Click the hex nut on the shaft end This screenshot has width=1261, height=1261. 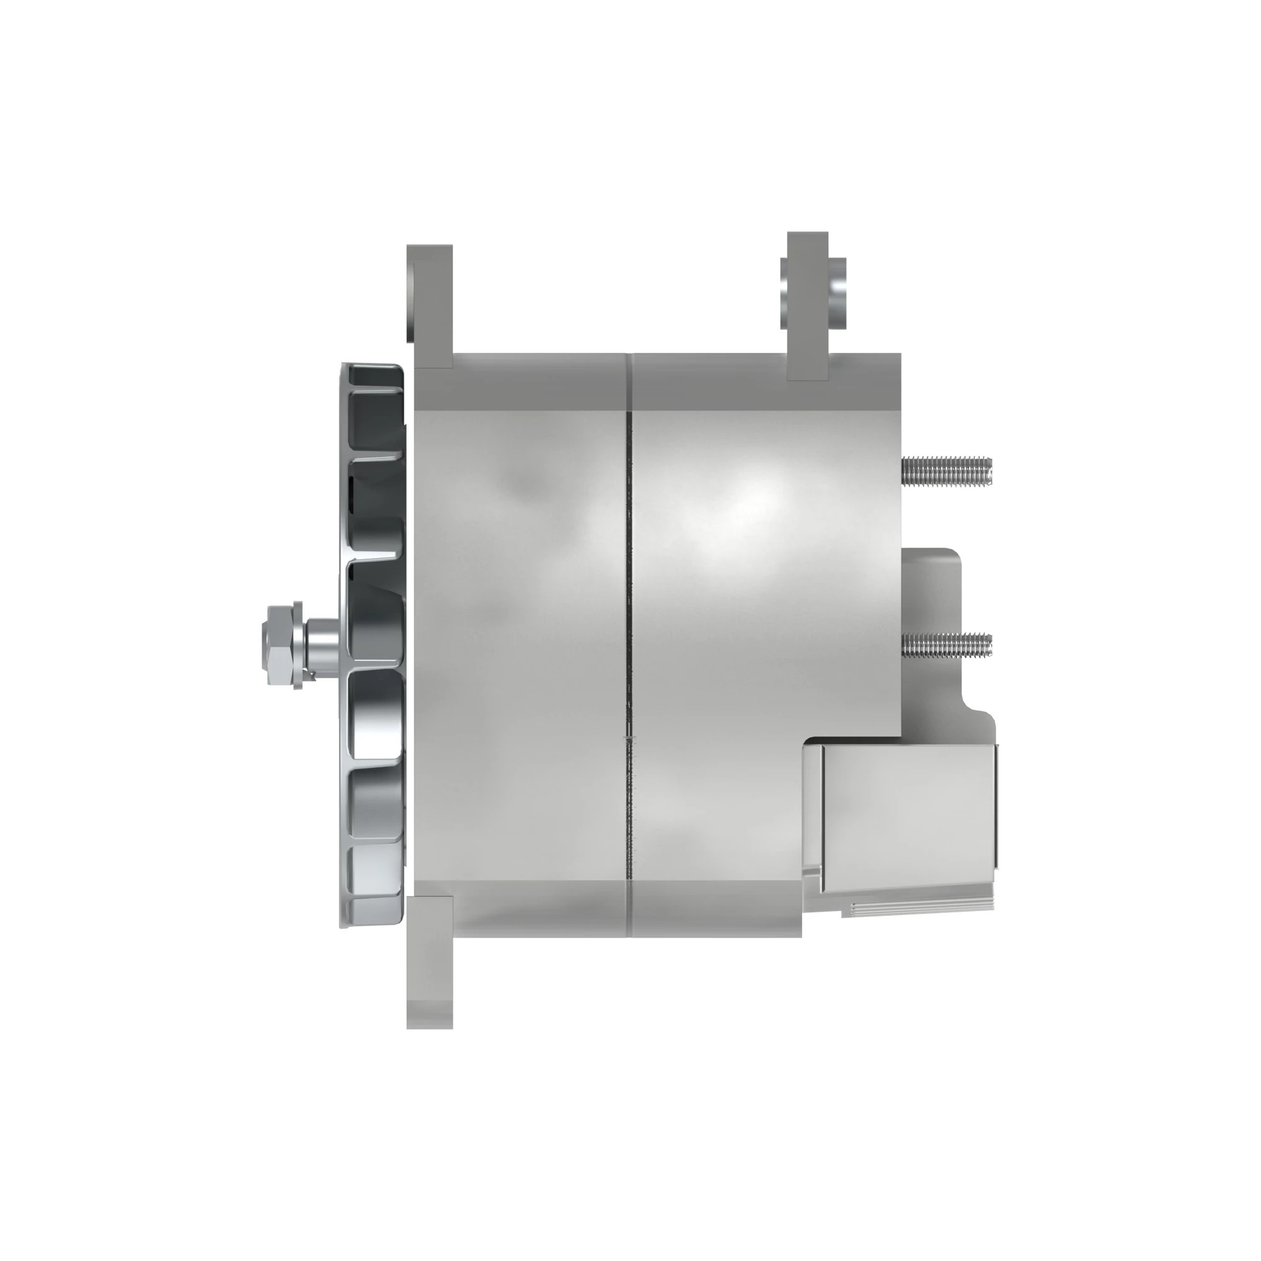[279, 645]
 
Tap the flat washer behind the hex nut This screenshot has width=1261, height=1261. [298, 645]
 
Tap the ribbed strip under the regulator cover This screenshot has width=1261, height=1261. [921, 908]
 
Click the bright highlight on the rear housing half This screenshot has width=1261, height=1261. [750, 503]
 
